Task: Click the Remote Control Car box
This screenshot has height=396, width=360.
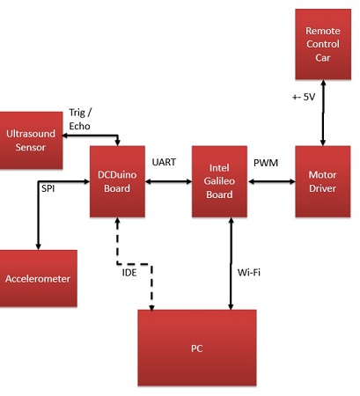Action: tap(323, 44)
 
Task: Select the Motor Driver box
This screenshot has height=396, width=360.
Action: tap(323, 181)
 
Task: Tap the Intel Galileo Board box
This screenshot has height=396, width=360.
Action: tap(219, 181)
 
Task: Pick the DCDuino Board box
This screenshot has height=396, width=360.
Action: tap(117, 181)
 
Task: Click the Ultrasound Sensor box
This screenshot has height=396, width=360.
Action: tap(31, 141)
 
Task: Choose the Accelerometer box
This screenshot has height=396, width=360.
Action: tap(38, 278)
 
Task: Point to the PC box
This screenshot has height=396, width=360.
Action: tap(197, 348)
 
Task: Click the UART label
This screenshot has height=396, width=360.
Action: tap(164, 162)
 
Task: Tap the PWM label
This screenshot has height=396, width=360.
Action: tap(266, 163)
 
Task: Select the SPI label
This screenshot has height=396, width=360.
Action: tap(48, 188)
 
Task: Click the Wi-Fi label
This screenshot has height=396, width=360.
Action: tap(249, 273)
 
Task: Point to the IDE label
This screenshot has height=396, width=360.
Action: tap(129, 273)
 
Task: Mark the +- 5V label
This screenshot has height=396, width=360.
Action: tap(304, 97)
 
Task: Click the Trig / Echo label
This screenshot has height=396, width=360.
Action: tap(80, 119)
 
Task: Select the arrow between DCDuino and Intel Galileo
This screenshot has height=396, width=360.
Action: tap(168, 181)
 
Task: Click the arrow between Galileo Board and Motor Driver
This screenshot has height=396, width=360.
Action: tap(271, 182)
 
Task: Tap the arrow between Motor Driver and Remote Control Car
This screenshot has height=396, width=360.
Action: tap(323, 113)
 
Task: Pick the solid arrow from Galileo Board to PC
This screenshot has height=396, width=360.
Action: tap(231, 263)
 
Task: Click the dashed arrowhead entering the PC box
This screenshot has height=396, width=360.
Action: tap(151, 307)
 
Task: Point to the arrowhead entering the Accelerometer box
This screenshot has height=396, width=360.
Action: tap(38, 246)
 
